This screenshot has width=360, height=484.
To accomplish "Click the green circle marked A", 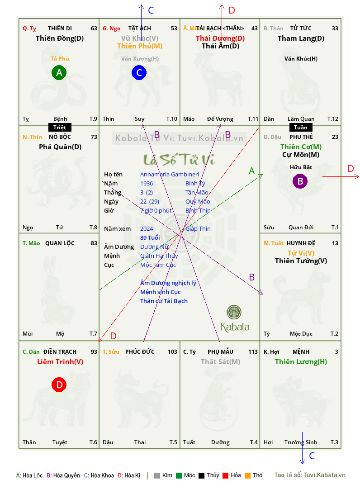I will [59, 72].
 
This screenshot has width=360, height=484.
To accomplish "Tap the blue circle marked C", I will [139, 72].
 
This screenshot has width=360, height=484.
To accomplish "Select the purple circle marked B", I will [300, 182].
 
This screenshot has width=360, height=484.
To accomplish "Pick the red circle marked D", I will [59, 385].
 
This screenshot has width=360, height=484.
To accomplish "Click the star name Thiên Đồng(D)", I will [60, 38].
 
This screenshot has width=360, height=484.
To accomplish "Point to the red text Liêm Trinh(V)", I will [60, 362].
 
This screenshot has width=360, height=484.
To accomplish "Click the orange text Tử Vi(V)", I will [301, 253].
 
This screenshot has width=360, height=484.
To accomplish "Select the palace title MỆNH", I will [301, 351].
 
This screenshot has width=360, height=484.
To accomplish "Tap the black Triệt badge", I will [60, 128].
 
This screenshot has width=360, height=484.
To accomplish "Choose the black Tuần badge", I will [301, 128].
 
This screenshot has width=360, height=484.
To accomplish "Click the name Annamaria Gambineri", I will [170, 174].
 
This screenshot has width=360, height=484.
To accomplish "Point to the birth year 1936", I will [147, 183].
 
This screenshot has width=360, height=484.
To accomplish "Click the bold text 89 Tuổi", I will [150, 237].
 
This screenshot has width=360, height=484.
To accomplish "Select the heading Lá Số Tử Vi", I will [179, 159].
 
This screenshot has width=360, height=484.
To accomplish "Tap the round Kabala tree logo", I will [234, 312].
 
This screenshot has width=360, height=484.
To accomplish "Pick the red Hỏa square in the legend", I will [226, 475].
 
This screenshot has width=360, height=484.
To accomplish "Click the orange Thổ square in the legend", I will [247, 475].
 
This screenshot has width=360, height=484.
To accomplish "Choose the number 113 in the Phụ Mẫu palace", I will [253, 351].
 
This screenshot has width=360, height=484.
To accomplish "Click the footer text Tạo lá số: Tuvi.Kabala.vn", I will [310, 475].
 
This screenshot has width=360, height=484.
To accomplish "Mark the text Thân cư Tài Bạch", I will [164, 301].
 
